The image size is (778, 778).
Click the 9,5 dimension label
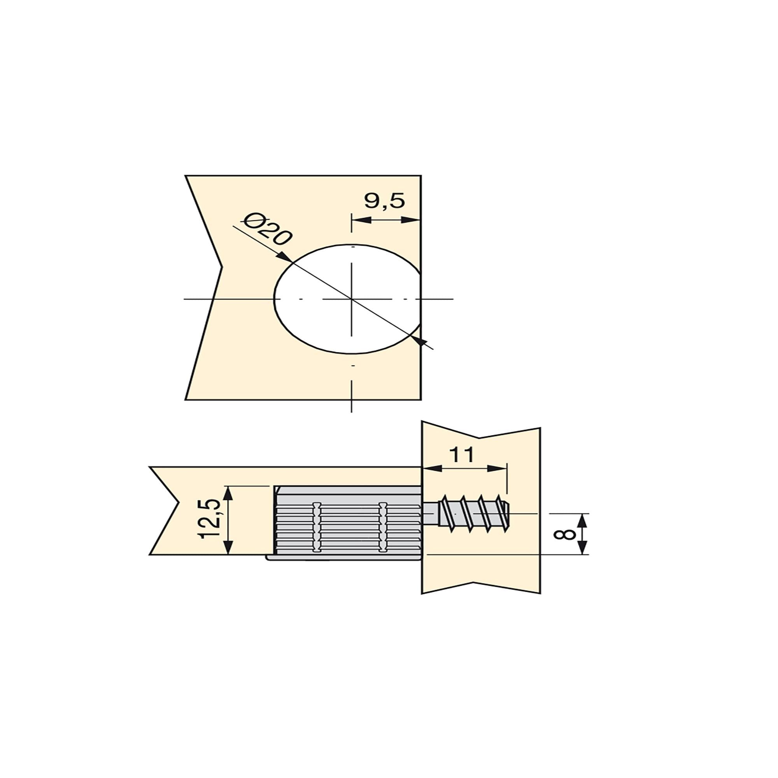384,201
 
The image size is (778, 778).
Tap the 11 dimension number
461,456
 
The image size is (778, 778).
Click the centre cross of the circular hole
352,299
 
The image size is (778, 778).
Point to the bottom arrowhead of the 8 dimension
583,549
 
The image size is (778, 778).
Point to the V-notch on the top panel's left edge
221,267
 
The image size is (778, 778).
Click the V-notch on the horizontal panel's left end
179,504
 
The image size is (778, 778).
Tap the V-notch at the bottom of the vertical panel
474,582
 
